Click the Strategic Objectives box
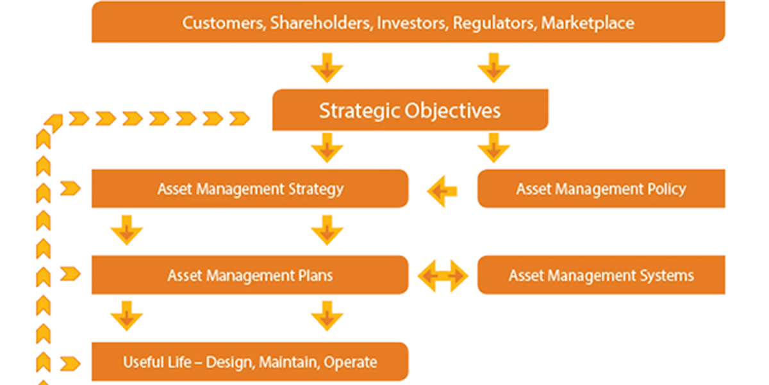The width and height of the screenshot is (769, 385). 410,110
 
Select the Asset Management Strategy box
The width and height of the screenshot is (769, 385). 250,189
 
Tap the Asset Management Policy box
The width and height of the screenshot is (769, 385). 601,189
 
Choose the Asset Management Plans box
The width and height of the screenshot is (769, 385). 250,275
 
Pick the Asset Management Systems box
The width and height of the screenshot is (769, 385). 601,275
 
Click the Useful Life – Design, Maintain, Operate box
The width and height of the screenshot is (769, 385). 250,362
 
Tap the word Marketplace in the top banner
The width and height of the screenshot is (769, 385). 588,23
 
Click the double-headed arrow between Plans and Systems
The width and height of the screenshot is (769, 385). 443,275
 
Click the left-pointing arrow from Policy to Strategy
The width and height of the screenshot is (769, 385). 442,191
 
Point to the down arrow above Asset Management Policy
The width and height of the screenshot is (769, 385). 493,147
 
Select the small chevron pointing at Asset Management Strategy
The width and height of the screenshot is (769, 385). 70,189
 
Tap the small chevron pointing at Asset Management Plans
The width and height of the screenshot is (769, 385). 70,275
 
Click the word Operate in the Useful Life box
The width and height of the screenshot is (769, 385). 351,362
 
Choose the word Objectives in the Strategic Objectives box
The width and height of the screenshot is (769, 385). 456,110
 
